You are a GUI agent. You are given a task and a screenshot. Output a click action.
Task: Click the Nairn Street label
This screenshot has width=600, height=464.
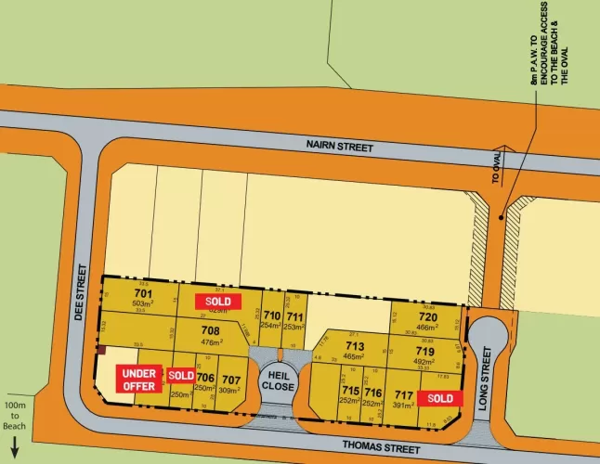coord(339,147)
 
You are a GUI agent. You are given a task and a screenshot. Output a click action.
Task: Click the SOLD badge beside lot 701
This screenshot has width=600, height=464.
coord(218,301)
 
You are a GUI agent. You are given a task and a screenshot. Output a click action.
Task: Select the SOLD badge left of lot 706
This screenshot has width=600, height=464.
coord(181,375)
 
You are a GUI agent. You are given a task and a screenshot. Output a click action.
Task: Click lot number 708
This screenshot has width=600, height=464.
coord(210,329)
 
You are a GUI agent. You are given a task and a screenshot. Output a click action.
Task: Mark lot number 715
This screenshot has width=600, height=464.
coord(350,392)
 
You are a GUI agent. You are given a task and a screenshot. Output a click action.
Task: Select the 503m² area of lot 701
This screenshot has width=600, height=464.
coord(142,303)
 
